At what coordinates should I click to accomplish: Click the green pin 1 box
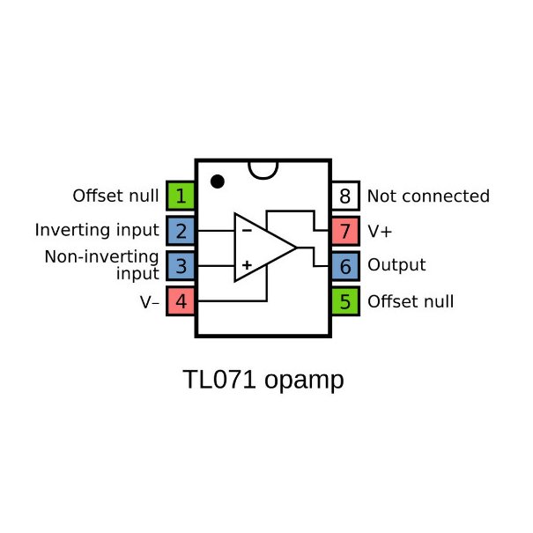[x=181, y=196]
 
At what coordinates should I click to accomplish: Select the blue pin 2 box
[x=181, y=231]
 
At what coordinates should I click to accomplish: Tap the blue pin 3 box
[x=181, y=265]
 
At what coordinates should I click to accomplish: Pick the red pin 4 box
[x=181, y=301]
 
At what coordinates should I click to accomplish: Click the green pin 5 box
[x=345, y=301]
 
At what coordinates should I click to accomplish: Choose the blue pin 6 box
[x=345, y=265]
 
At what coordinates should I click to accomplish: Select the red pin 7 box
[x=345, y=231]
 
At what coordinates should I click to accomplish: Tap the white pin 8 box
[x=345, y=196]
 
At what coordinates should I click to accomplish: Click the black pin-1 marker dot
[x=218, y=181]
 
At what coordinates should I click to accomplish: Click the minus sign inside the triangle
[x=247, y=230]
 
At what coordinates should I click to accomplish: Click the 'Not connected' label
[x=427, y=196]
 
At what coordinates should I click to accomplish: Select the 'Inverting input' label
[x=97, y=231]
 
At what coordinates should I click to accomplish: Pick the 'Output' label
[x=396, y=265]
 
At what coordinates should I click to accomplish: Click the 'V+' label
[x=380, y=231]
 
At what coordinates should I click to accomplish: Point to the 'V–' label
[x=150, y=301]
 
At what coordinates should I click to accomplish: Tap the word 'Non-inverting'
[x=102, y=257]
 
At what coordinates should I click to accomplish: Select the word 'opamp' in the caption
[x=303, y=381]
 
